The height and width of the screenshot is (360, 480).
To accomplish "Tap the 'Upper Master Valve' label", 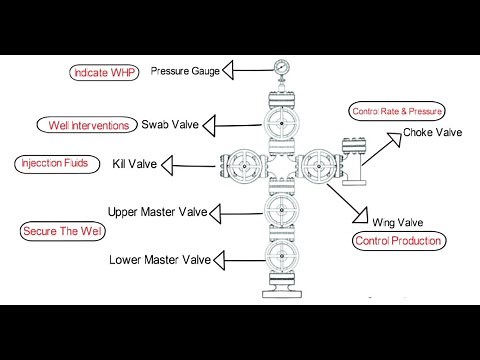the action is tap(163, 211).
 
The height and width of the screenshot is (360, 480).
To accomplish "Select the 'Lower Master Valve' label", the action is tap(161, 261).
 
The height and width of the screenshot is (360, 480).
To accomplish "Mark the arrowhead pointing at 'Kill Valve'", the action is tap(171, 162).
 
